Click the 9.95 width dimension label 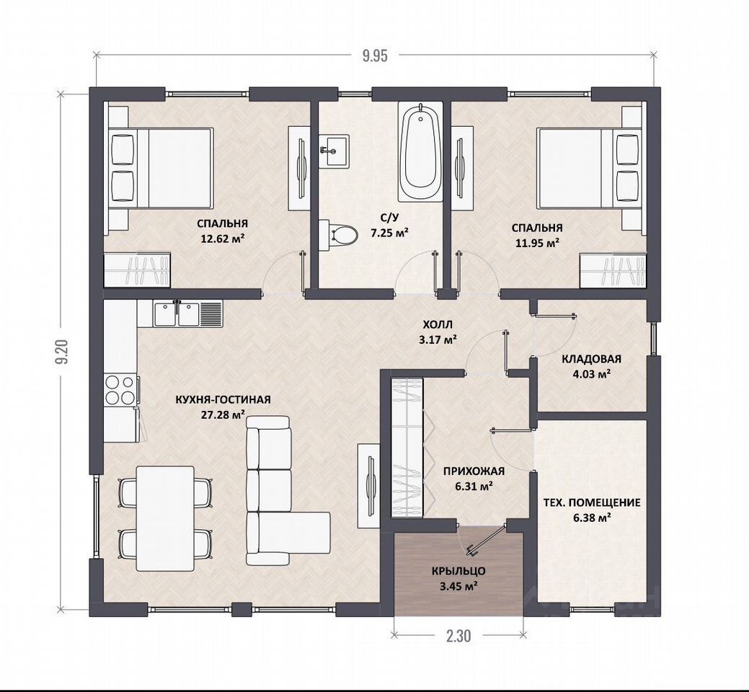(x=375, y=56)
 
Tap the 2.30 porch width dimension (x=458, y=636)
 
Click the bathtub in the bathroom (x=421, y=152)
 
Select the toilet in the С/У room (x=338, y=234)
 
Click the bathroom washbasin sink (x=334, y=151)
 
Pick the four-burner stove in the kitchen (x=120, y=390)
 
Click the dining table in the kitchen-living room (x=165, y=518)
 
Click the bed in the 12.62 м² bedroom (x=161, y=167)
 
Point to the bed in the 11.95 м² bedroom (x=588, y=167)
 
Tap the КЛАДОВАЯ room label (x=591, y=359)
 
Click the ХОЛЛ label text (x=438, y=325)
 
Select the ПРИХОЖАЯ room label (x=474, y=471)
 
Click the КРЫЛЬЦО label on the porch (x=459, y=571)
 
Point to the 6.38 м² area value (x=593, y=518)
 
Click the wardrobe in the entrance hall (x=407, y=448)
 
